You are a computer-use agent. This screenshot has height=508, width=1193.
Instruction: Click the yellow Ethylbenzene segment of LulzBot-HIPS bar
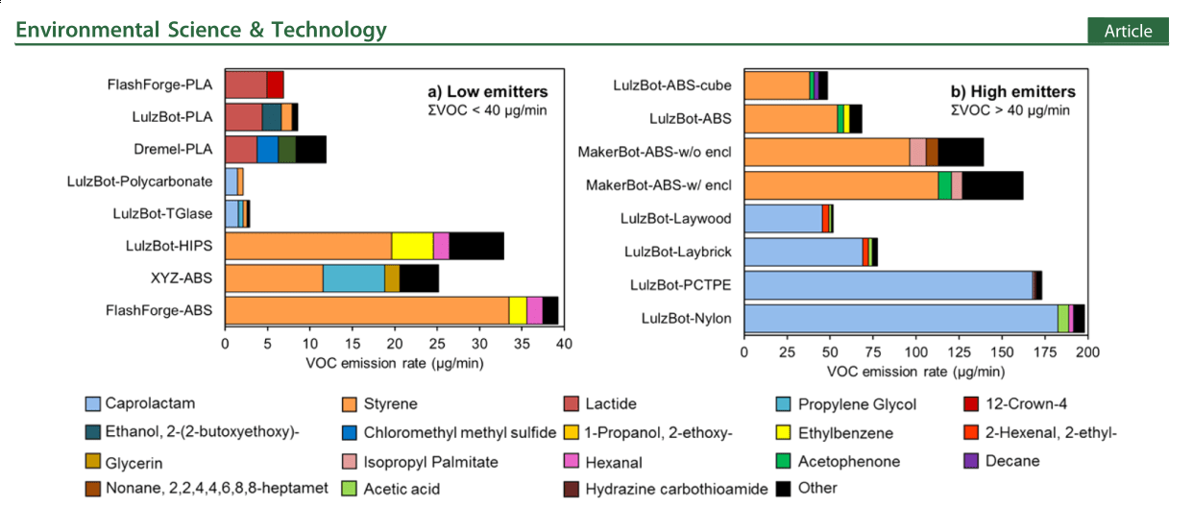click(x=412, y=246)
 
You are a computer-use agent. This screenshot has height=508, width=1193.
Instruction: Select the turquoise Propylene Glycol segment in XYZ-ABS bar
click(x=353, y=278)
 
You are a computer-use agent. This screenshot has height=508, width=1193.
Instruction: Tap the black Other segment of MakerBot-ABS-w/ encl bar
click(x=992, y=185)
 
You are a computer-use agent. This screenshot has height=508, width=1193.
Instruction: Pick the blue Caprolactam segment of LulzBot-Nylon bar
click(x=900, y=318)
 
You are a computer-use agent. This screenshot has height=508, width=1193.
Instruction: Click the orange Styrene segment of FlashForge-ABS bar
click(x=366, y=311)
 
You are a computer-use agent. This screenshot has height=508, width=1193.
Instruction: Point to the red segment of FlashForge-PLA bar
click(x=275, y=85)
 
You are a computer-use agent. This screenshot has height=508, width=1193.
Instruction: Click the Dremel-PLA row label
click(x=173, y=150)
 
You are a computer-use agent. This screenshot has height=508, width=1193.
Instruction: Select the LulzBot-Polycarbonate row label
click(x=139, y=181)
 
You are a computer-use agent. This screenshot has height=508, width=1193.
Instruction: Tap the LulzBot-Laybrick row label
click(x=678, y=252)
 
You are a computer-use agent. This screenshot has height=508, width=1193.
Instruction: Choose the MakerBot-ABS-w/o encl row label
click(x=654, y=152)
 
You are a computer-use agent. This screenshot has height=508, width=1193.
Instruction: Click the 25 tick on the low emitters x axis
click(x=437, y=344)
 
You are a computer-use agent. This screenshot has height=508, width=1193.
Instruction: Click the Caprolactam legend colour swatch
click(x=92, y=404)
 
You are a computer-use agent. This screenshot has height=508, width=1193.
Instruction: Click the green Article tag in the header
click(x=1128, y=32)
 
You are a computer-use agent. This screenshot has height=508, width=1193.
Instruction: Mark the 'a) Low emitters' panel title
click(x=487, y=92)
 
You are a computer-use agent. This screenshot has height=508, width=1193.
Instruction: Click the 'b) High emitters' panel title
click(x=1012, y=92)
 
